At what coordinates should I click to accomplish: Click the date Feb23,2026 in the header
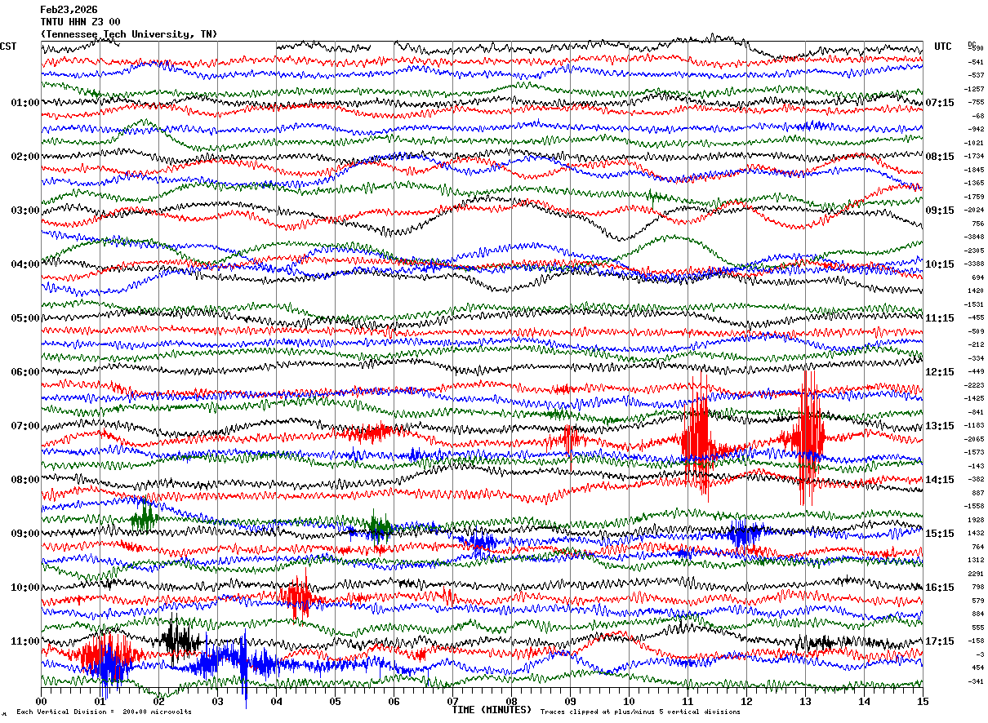(69, 10)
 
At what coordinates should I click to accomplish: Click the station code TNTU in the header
(53, 22)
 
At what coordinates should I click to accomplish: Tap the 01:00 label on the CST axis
(24, 103)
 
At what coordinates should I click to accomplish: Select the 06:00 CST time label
(24, 372)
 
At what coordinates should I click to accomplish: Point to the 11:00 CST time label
(24, 641)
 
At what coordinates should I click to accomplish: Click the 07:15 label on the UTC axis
(940, 103)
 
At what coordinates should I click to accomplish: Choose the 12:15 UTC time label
(940, 372)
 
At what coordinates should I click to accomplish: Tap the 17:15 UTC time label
(940, 641)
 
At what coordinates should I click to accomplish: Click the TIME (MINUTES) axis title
(492, 710)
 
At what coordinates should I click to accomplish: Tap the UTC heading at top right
(943, 47)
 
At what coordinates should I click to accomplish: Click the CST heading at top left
(8, 47)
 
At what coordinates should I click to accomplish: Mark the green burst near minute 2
(145, 517)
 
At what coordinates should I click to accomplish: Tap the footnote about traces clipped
(640, 712)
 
